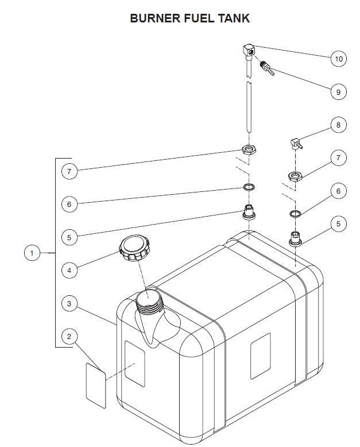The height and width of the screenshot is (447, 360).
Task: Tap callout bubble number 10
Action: pos(338,58)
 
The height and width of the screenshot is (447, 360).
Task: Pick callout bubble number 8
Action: pos(338,125)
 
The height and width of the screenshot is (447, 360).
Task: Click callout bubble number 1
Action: pos(32,253)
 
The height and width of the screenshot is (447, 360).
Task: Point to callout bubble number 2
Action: pos(69,336)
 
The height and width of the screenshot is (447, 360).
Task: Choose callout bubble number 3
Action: pos(69,304)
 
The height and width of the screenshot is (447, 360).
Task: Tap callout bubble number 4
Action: pos(69,269)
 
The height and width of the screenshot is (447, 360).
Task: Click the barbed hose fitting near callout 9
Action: pos(267,68)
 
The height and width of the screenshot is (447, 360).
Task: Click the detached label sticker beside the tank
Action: pos(95,384)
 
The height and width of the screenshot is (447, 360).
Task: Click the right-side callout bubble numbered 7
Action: pos(338,158)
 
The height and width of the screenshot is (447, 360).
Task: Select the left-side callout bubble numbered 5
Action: pos(69,236)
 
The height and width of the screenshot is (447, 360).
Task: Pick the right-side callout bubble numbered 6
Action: pos(338,191)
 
